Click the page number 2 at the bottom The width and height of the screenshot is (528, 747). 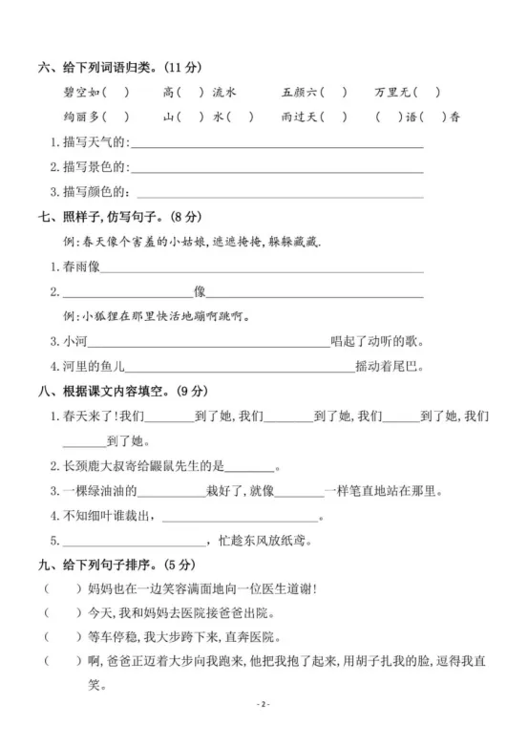(x=264, y=704)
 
